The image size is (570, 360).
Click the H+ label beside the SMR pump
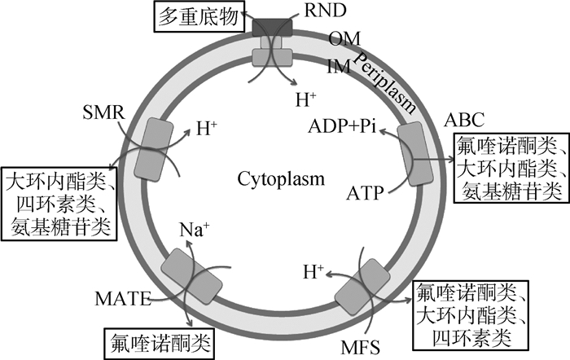click(x=207, y=130)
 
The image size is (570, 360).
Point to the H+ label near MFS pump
click(x=313, y=270)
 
